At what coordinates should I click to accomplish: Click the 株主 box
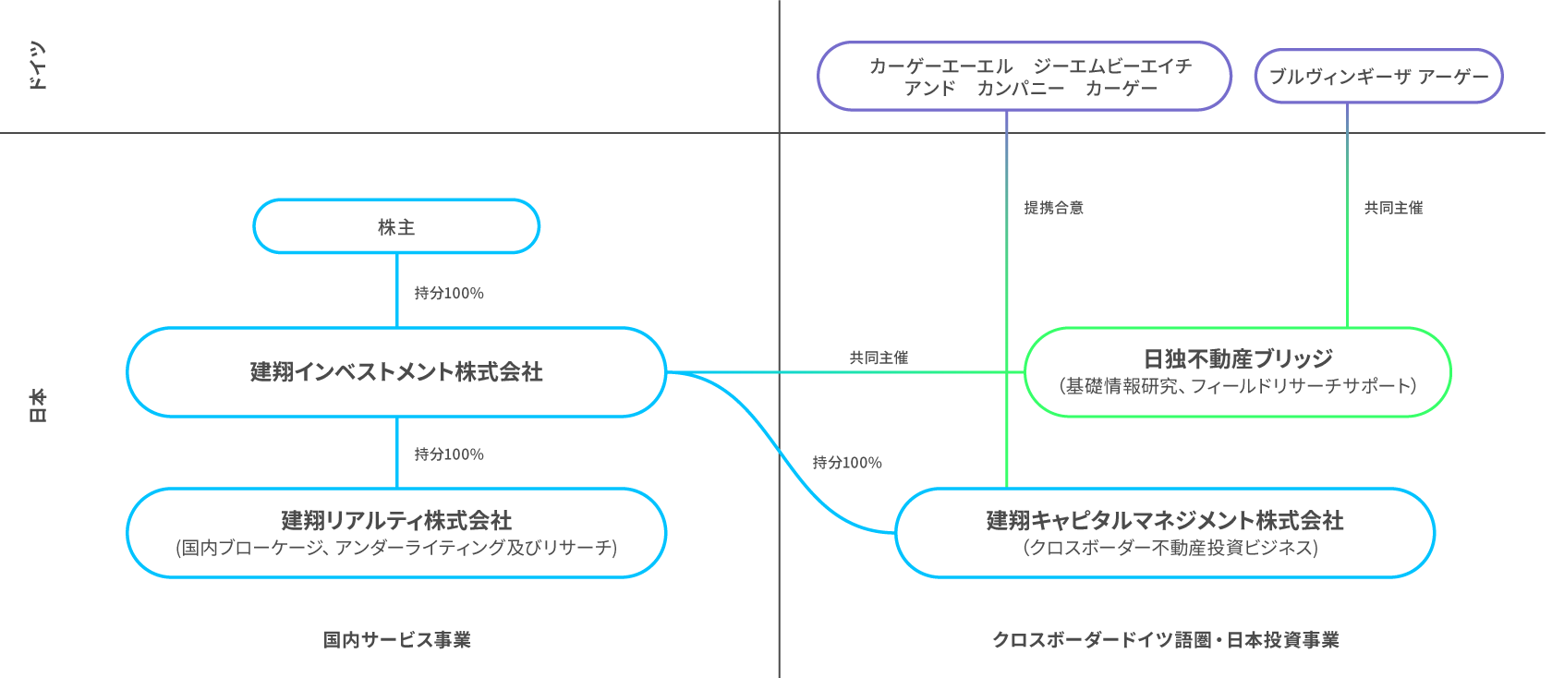pyautogui.click(x=396, y=226)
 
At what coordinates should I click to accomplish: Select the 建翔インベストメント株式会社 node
pyautogui.click(x=396, y=371)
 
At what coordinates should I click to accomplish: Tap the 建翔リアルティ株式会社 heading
pyautogui.click(x=396, y=520)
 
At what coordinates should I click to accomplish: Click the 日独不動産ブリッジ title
pyautogui.click(x=1238, y=358)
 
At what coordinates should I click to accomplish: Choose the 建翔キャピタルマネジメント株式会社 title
pyautogui.click(x=1165, y=520)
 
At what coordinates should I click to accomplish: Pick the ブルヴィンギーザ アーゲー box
pyautogui.click(x=1378, y=76)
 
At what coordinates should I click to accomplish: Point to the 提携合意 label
pyautogui.click(x=1053, y=208)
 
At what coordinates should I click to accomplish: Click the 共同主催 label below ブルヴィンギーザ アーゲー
pyautogui.click(x=1393, y=208)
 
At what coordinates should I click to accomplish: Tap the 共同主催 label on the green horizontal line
pyautogui.click(x=879, y=357)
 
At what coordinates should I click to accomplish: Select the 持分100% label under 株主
pyautogui.click(x=449, y=293)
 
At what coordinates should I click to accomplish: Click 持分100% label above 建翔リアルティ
pyautogui.click(x=449, y=454)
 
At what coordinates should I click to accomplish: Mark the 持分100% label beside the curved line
pyautogui.click(x=847, y=462)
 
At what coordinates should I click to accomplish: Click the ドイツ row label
pyautogui.click(x=37, y=66)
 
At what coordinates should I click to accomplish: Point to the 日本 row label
pyautogui.click(x=37, y=405)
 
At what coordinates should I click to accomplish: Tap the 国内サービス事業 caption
pyautogui.click(x=396, y=639)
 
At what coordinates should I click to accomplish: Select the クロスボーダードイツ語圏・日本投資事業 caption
pyautogui.click(x=1165, y=639)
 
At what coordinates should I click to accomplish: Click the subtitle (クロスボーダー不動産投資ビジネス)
pyautogui.click(x=1170, y=548)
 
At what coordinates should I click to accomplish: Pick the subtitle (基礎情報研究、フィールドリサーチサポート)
pyautogui.click(x=1238, y=386)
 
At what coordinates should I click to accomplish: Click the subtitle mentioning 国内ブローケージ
pyautogui.click(x=396, y=548)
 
